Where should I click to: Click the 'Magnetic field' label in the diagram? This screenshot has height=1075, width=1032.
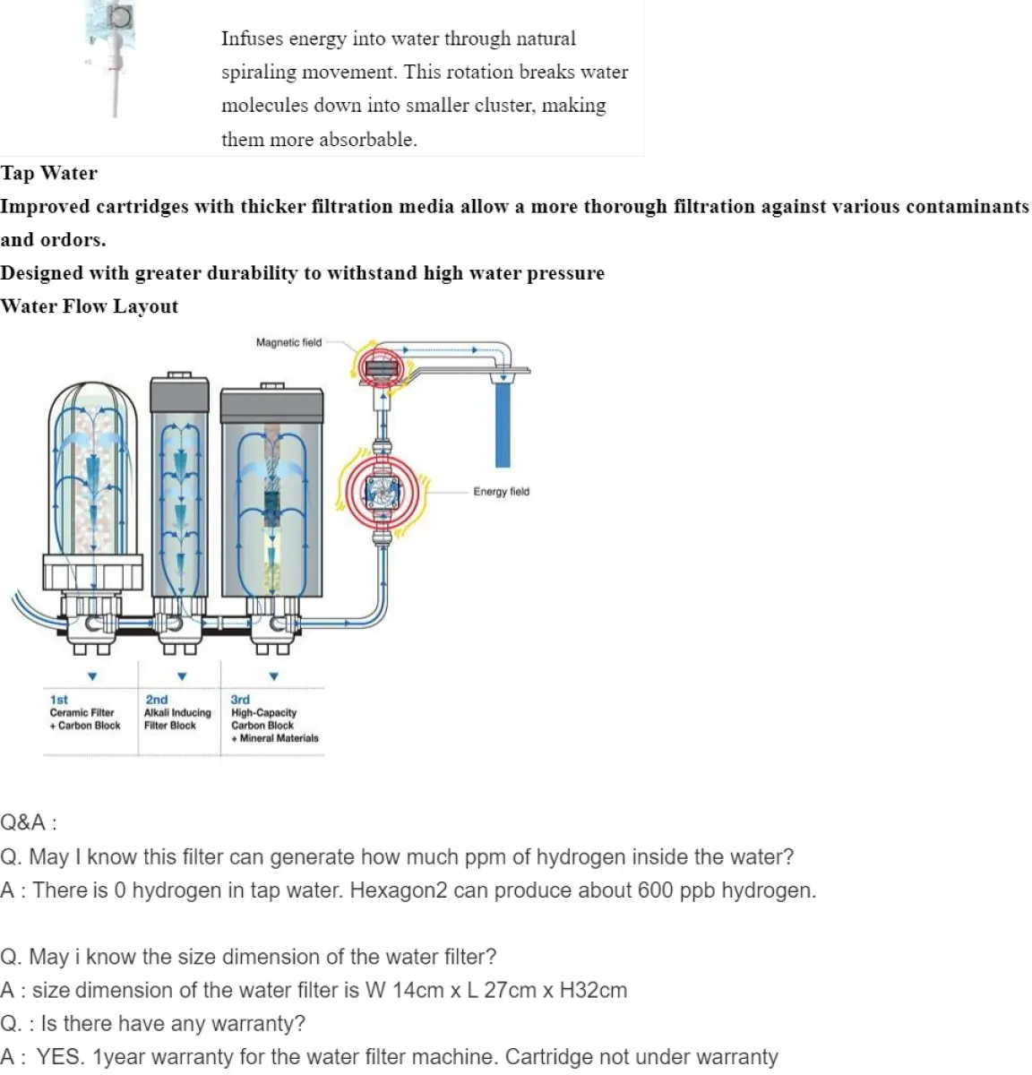288,342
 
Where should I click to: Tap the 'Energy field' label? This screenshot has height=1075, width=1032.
501,491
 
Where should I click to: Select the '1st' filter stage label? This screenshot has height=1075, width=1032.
59,700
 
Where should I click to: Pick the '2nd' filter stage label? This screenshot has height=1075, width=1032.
156,700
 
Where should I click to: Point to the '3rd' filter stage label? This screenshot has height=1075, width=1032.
240,700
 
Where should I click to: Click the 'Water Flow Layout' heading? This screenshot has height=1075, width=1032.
90,306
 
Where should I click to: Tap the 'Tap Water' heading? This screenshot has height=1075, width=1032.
49,173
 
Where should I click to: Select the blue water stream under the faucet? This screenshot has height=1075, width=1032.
503,421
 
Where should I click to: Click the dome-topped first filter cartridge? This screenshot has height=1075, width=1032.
94,484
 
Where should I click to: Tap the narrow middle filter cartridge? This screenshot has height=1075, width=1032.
180,493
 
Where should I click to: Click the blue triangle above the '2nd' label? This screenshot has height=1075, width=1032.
182,676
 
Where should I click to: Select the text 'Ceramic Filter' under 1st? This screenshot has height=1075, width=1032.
82,713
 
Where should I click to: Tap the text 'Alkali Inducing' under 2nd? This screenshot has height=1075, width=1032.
177,713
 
